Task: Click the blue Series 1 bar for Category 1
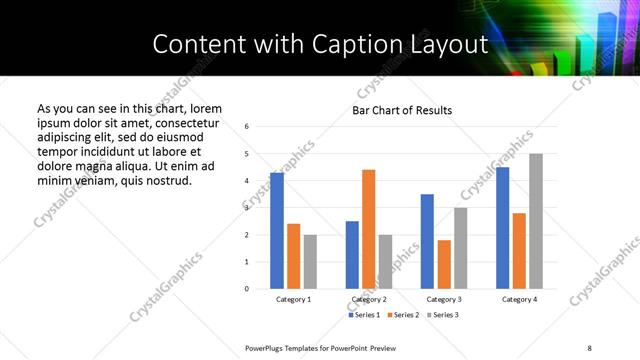[x=277, y=231]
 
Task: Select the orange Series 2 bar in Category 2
[x=368, y=229]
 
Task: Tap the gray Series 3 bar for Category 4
[x=536, y=221]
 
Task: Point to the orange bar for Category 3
[x=444, y=264]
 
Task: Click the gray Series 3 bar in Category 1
[x=310, y=262]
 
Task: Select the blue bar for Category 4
[x=503, y=228]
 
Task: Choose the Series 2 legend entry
[x=402, y=315]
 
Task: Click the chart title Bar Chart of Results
[x=402, y=110]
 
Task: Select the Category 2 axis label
[x=368, y=299]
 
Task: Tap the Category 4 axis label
[x=519, y=299]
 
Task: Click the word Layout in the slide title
[x=449, y=45]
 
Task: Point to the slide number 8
[x=590, y=347]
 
